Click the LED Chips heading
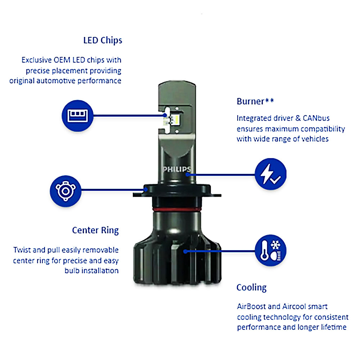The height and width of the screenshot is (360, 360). tap(103, 40)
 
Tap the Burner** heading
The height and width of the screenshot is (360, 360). tap(255, 101)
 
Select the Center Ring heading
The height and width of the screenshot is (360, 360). tap(95, 230)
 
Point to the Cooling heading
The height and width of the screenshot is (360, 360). tap(251, 288)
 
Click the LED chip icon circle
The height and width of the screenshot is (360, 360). tap(78, 116)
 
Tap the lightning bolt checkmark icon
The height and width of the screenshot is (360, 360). tap(270, 174)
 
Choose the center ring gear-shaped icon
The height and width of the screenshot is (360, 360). tap(66, 191)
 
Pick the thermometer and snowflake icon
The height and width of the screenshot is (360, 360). tap(270, 251)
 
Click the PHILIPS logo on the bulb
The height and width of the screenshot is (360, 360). tap(176, 169)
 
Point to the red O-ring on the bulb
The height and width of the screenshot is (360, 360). tap(176, 209)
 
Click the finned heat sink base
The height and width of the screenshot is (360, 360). tap(176, 259)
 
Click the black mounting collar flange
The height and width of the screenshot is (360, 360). tap(176, 192)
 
